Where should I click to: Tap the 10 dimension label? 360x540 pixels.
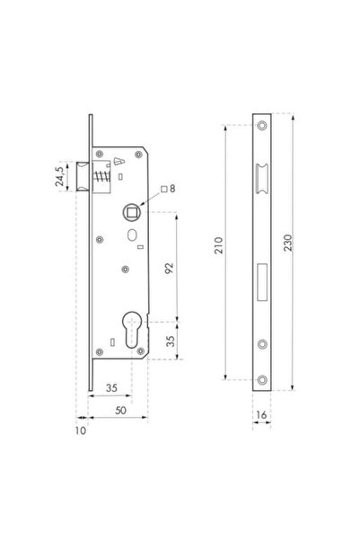[82, 430]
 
